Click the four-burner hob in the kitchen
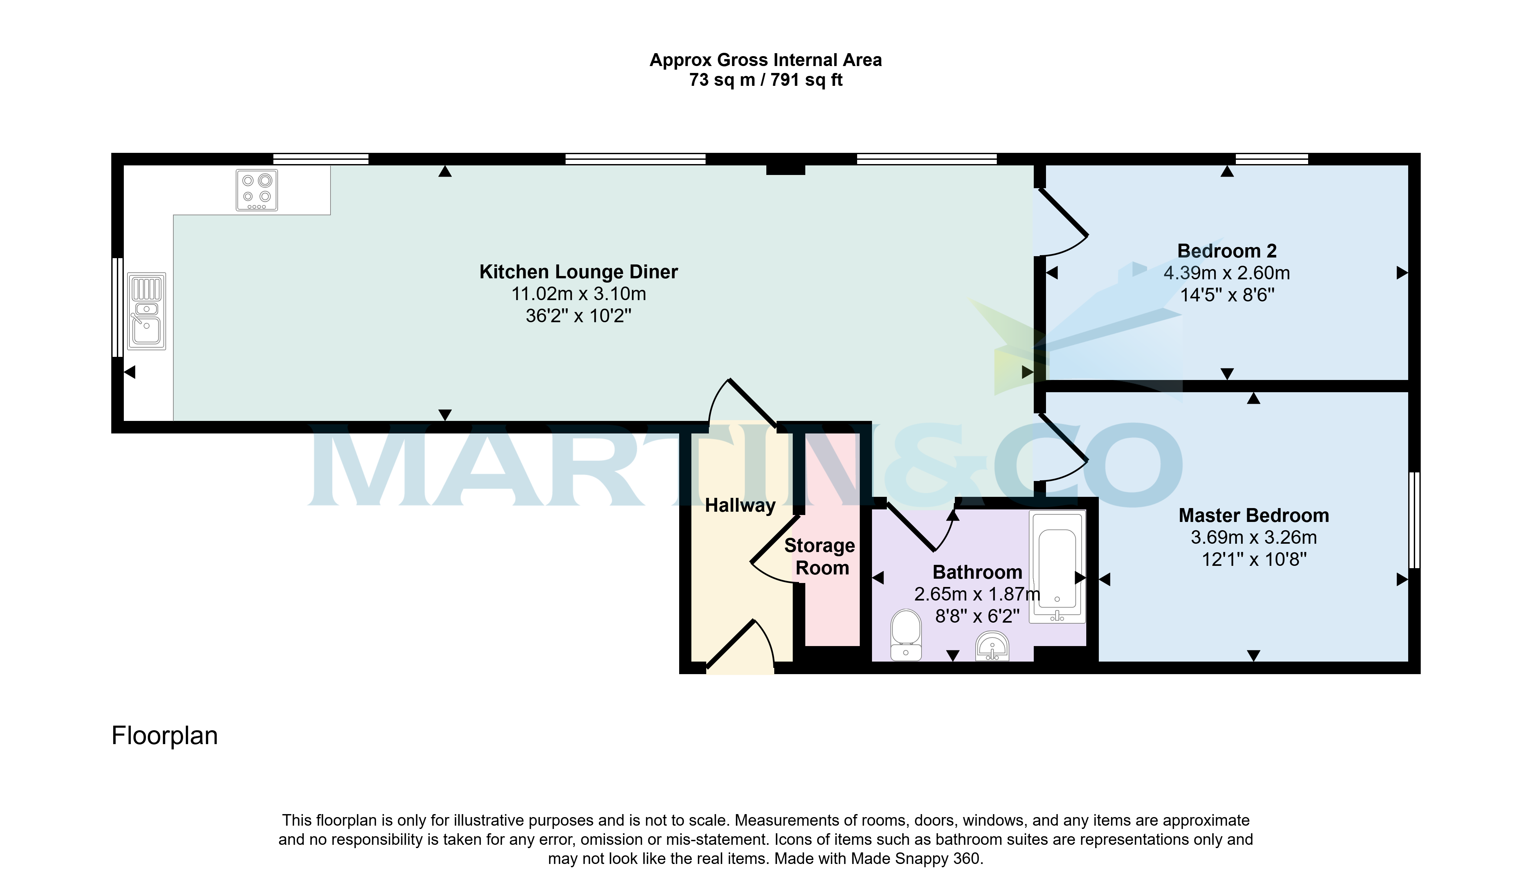pos(257,190)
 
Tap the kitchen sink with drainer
pos(147,311)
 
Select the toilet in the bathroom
pos(906,635)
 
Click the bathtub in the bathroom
pos(1057,567)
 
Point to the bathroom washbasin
pos(992,646)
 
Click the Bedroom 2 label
pos(1227,251)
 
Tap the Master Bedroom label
pos(1254,515)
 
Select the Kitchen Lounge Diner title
pos(578,272)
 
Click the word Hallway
pos(740,505)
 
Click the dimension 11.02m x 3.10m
pos(578,293)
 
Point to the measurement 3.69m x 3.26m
pos(1254,537)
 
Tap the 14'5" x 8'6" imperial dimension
pos(1227,295)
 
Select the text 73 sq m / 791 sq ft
pos(765,80)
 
